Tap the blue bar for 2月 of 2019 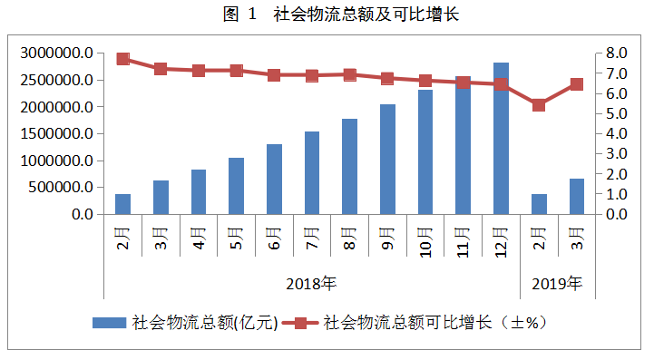(x=539, y=204)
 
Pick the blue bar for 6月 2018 (x=274, y=180)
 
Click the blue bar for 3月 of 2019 (x=576, y=197)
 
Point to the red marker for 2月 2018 (x=123, y=59)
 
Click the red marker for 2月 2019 (x=539, y=105)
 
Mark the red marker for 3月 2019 (x=576, y=84)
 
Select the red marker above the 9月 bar (x=387, y=79)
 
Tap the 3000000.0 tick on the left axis (x=56, y=54)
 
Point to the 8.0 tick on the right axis (x=617, y=54)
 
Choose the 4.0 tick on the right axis (x=617, y=134)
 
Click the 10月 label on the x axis (x=425, y=243)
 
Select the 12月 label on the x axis (x=501, y=243)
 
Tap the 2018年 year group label (x=311, y=284)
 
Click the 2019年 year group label (x=557, y=284)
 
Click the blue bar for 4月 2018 (x=199, y=192)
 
